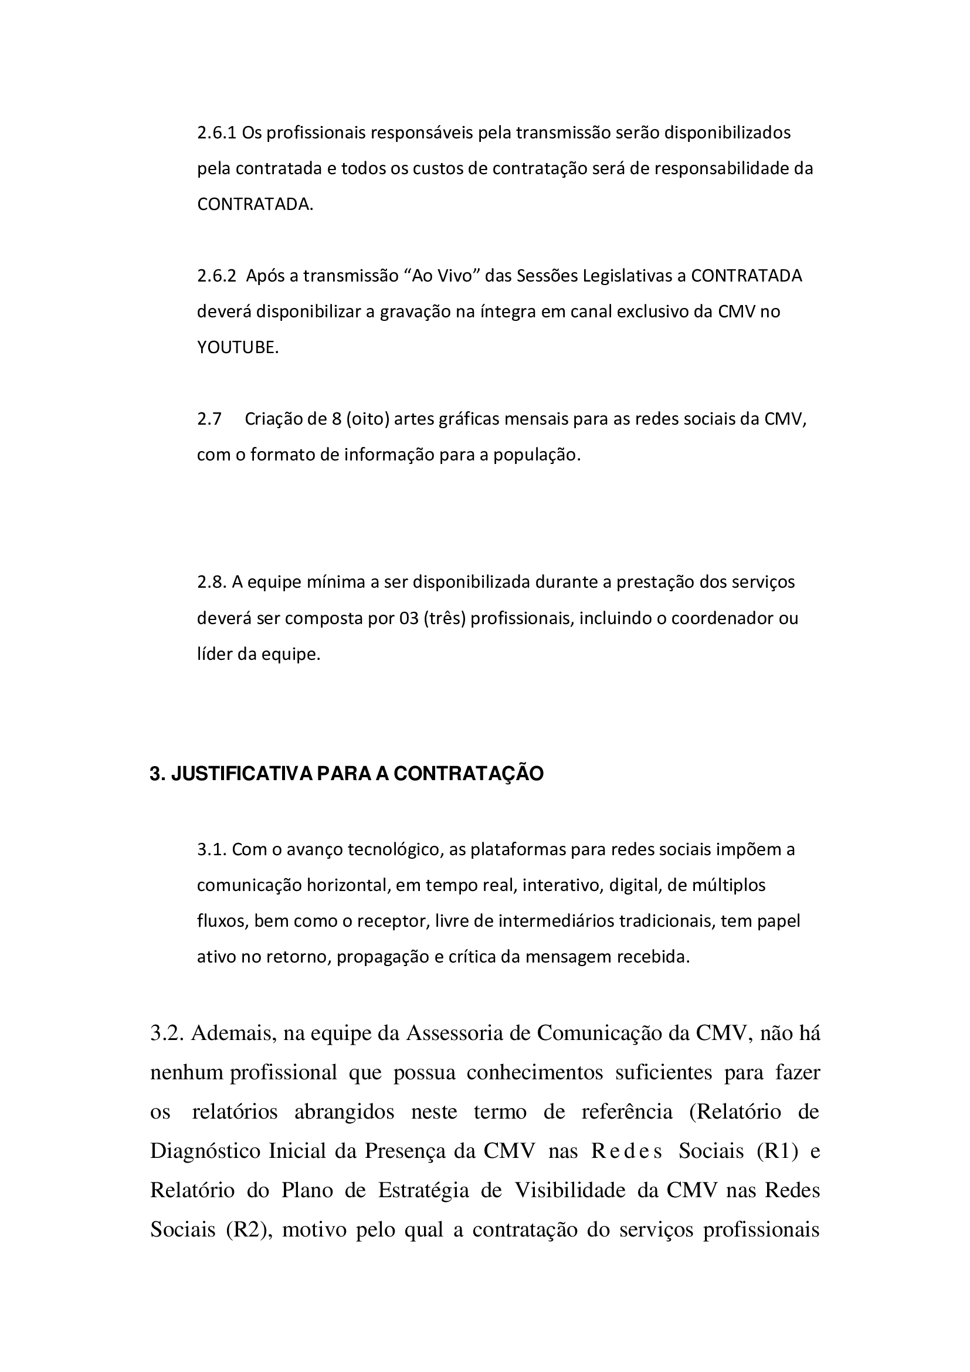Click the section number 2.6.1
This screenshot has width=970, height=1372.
pyautogui.click(x=217, y=133)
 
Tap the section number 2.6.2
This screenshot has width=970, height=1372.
pyautogui.click(x=217, y=276)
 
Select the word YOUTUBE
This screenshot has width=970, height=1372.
pyautogui.click(x=238, y=348)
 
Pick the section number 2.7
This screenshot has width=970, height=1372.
pyautogui.click(x=209, y=419)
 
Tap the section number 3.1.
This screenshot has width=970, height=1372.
pyautogui.click(x=212, y=849)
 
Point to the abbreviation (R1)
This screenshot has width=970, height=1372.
pyautogui.click(x=777, y=1150)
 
